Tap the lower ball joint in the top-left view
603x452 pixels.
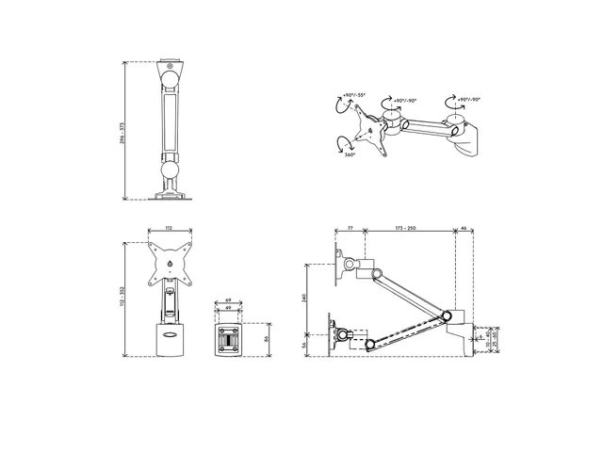(x=170, y=170)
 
